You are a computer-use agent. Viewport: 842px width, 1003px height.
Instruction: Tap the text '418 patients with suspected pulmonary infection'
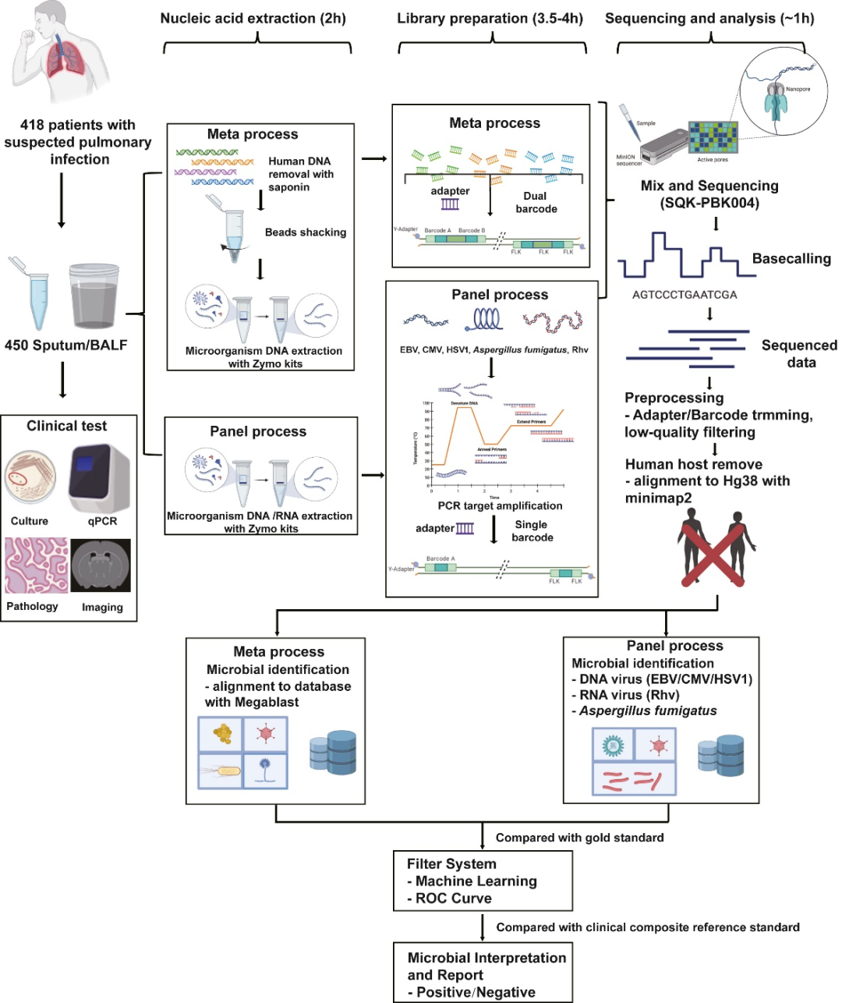pos(78,142)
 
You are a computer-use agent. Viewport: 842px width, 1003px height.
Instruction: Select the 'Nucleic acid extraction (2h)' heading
pos(253,19)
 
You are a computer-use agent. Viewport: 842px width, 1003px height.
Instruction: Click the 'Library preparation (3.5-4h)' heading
pos(490,19)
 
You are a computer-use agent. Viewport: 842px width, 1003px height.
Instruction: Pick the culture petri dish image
pos(30,477)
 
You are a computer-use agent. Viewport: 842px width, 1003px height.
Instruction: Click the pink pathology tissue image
pos(36,565)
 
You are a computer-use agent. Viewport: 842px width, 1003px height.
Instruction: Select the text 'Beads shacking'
pos(306,232)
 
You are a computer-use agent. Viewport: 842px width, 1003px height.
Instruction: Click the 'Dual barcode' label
pos(536,202)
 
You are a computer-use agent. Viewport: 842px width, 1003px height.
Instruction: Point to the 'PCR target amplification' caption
pos(500,505)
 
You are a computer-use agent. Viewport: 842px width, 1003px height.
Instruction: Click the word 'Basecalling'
pos(791,259)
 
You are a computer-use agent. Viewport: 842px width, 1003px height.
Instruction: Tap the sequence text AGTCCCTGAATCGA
pos(685,295)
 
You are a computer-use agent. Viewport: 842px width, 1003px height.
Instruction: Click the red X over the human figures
pos(716,553)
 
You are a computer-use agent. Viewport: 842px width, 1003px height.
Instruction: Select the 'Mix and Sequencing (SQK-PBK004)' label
pos(709,194)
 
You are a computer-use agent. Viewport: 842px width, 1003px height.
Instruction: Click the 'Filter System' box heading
pos(451,864)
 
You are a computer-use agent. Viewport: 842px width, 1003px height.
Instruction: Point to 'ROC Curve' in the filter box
pos(454,898)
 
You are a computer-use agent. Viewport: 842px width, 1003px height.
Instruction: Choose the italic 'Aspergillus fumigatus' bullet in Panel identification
pos(647,711)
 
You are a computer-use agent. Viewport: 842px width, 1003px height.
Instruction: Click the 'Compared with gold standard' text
pos(579,838)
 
